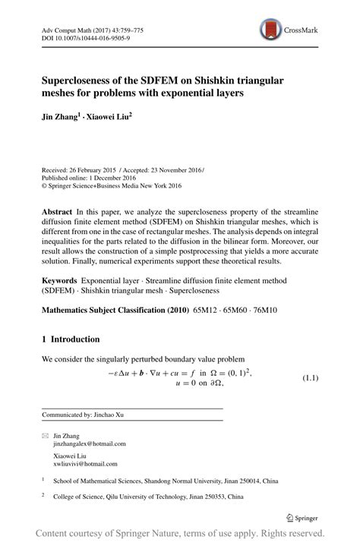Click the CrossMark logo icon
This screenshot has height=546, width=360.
tap(270, 30)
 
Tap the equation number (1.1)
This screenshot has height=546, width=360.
tap(314, 377)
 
